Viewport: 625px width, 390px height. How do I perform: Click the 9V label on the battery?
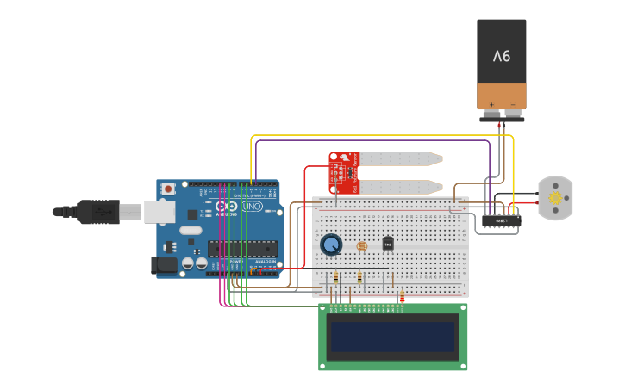pos(502,56)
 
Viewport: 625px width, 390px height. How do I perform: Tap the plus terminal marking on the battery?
pos(491,104)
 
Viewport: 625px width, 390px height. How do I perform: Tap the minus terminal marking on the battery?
pos(512,104)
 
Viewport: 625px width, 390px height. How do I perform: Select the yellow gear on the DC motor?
pos(555,198)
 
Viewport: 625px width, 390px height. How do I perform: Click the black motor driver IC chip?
pos(501,220)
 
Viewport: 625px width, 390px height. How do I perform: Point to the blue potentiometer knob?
pos(331,245)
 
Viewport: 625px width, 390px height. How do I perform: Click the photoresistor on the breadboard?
pos(361,246)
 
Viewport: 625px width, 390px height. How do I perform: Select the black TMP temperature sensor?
pos(388,244)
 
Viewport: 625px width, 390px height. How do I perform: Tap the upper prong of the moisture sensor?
pos(401,158)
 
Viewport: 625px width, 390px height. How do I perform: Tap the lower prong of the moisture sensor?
pos(401,186)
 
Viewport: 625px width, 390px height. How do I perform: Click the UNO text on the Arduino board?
pos(253,207)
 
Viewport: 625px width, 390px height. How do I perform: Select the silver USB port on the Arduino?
pos(159,211)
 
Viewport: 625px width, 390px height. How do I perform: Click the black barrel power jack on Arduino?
pos(164,266)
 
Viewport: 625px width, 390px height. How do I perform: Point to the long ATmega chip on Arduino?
pos(242,249)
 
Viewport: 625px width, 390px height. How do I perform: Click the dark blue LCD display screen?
pos(393,337)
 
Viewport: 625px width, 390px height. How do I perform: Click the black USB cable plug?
pos(97,211)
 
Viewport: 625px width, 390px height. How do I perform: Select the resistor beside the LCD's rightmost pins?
pos(402,298)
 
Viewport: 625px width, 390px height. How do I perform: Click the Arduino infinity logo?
pos(227,207)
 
